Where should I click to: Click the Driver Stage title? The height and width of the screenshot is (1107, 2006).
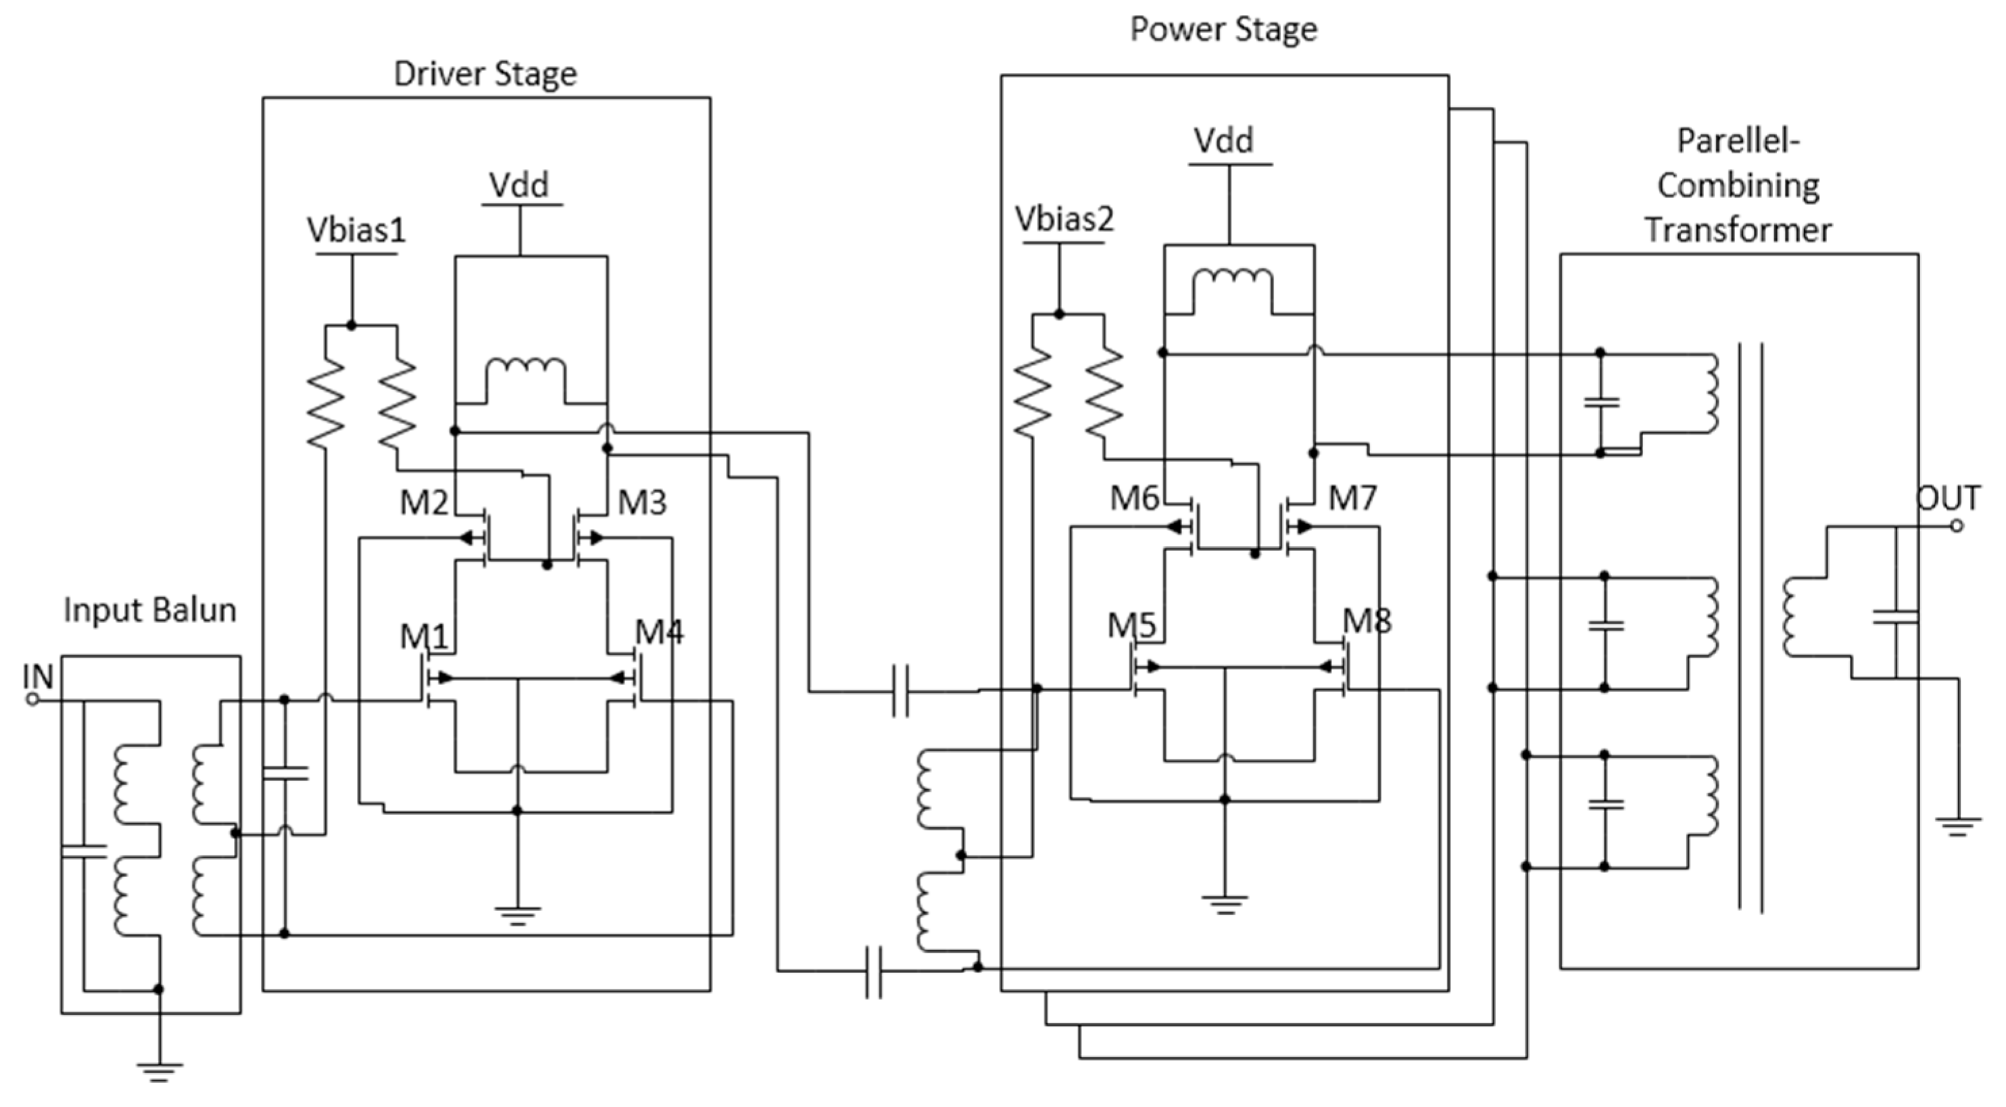[x=485, y=74]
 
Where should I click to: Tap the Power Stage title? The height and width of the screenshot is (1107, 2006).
[x=1223, y=30]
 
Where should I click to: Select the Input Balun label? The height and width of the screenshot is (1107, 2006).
[x=149, y=610]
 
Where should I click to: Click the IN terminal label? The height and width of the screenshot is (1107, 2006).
[x=37, y=676]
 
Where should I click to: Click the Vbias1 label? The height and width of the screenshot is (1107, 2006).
[x=356, y=230]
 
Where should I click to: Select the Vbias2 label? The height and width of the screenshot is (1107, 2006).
[x=1064, y=219]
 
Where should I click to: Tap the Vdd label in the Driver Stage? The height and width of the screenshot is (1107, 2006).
[x=518, y=185]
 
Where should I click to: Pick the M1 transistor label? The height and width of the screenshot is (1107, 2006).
[x=424, y=637]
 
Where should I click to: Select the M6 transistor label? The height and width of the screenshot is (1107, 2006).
[x=1134, y=498]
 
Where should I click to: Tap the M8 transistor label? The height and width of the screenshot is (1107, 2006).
[x=1367, y=621]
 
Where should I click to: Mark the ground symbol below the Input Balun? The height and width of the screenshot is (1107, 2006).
[x=159, y=1071]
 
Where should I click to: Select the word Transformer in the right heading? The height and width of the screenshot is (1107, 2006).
[x=1737, y=231]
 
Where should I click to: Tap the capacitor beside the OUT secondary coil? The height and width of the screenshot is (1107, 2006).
[x=1894, y=617]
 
